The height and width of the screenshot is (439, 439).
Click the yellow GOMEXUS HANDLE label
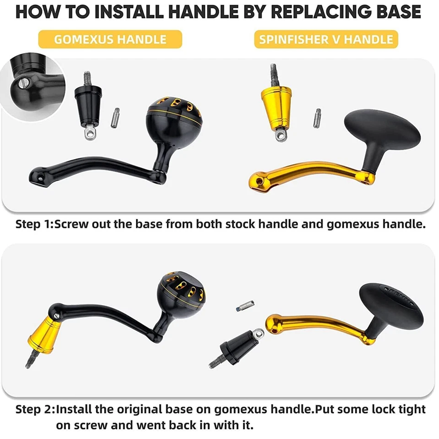point(110,39)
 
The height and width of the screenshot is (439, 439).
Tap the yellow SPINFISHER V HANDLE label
point(326,39)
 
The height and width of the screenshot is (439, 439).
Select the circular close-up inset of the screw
point(33,87)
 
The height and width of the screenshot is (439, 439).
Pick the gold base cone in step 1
point(276,107)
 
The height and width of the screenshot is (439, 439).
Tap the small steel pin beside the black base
point(115,118)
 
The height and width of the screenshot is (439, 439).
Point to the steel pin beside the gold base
point(317,118)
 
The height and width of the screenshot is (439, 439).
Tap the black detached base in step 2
point(238,347)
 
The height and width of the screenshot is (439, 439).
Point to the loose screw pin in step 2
point(245,305)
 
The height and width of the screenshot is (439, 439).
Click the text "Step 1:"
point(34,224)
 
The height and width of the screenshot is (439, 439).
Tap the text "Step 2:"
point(35,409)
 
